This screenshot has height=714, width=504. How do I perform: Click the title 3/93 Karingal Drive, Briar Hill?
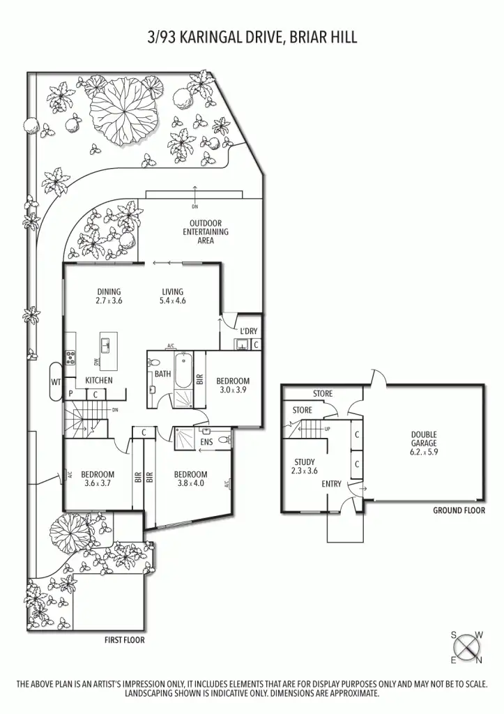coord(252,37)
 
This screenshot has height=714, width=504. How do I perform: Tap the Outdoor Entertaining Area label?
coord(206,231)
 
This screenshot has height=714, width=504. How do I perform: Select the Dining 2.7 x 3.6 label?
coord(109,296)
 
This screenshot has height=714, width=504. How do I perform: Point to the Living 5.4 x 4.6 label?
coord(172,296)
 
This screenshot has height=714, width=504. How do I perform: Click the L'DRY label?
coord(249,331)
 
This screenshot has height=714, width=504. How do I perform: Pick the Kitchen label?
coord(99,380)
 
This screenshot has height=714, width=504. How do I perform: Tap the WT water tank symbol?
coord(56,381)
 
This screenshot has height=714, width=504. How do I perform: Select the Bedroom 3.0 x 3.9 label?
coord(232,386)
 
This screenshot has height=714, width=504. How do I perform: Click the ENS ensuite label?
coord(206,441)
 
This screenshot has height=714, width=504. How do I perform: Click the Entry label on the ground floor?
coord(331,483)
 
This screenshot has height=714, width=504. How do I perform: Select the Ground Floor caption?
coord(458,510)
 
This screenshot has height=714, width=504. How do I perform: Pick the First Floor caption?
coord(125,640)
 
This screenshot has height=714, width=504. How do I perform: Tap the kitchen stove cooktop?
coord(70,358)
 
